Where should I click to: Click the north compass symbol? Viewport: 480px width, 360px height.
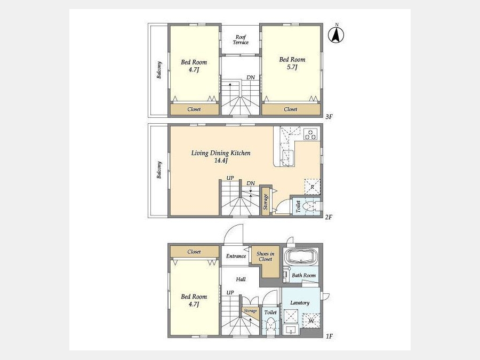coord(336,35)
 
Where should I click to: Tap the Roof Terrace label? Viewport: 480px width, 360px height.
coord(241,40)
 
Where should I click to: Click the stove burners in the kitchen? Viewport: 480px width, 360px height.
coord(310,134)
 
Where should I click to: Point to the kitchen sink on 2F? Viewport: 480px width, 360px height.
coord(288,158)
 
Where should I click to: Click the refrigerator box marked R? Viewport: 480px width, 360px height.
coord(312,187)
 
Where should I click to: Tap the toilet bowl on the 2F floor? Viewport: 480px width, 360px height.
coord(309,206)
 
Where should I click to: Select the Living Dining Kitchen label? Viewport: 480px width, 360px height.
coord(221,153)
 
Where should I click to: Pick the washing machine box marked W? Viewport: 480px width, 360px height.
coord(311,321)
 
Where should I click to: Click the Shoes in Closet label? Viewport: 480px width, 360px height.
coord(266,256)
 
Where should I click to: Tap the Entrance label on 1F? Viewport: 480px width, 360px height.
coord(236,256)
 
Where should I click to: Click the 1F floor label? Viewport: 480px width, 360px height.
coord(329,337)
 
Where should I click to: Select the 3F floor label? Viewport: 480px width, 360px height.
coord(329,117)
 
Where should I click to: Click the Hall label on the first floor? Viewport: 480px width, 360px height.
coord(241,279)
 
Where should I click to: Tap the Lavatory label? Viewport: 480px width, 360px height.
coord(300,303)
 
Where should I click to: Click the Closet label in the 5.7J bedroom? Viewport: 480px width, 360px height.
coord(291,109)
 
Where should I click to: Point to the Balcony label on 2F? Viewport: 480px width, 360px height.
coord(159,170)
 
